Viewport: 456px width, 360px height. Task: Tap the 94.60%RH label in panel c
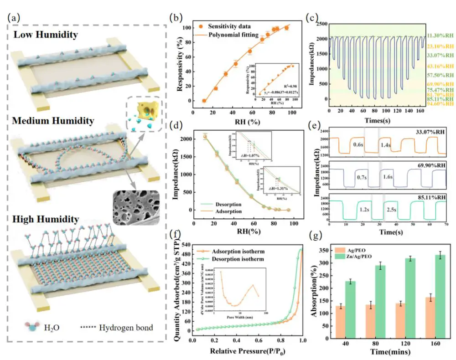439,104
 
